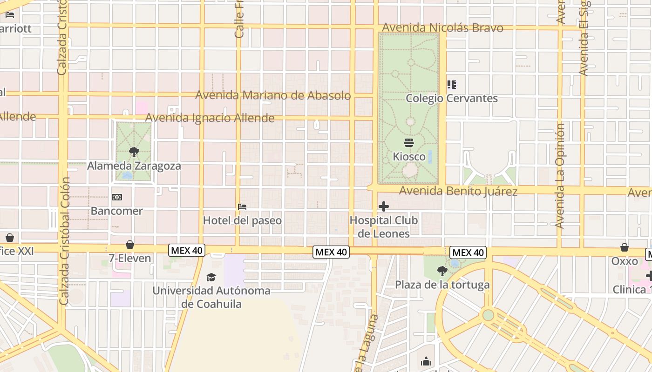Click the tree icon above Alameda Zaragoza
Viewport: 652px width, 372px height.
[134, 152]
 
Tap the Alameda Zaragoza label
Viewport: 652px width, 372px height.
[134, 166]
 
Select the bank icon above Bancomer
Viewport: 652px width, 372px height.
[117, 197]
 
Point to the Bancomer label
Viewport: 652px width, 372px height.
[117, 211]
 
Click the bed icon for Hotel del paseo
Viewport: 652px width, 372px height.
[242, 206]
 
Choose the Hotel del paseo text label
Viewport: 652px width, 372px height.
[242, 220]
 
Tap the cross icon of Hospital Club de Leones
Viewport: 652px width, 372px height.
[384, 206]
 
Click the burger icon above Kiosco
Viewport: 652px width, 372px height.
[409, 143]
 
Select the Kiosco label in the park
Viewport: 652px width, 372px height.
[409, 157]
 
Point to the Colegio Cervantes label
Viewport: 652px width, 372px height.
[452, 99]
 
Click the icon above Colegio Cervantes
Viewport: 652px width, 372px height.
[452, 85]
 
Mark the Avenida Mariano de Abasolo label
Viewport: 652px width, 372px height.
[273, 95]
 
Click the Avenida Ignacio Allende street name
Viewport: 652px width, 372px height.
[210, 118]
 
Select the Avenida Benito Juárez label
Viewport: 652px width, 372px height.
[458, 191]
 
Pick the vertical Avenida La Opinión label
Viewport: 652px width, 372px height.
[560, 176]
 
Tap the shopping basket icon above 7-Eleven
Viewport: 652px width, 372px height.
[130, 245]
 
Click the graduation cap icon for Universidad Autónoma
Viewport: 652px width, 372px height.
[211, 278]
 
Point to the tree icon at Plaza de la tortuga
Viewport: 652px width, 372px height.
[442, 271]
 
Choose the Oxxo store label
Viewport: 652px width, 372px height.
[625, 261]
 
